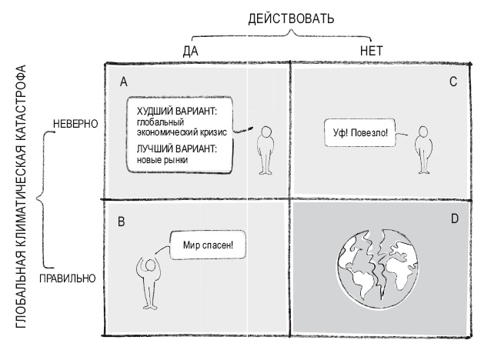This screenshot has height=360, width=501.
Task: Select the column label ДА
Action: pyautogui.click(x=192, y=51)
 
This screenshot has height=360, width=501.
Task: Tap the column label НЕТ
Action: pyautogui.click(x=372, y=51)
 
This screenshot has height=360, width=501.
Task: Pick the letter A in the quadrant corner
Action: pyautogui.click(x=123, y=81)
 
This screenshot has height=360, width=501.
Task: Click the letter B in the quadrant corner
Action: pyautogui.click(x=122, y=222)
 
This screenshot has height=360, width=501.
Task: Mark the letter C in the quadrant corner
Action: pyautogui.click(x=453, y=81)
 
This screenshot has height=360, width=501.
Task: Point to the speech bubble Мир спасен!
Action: pyautogui.click(x=203, y=247)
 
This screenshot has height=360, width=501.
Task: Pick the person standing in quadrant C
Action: pyautogui.click(x=421, y=148)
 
